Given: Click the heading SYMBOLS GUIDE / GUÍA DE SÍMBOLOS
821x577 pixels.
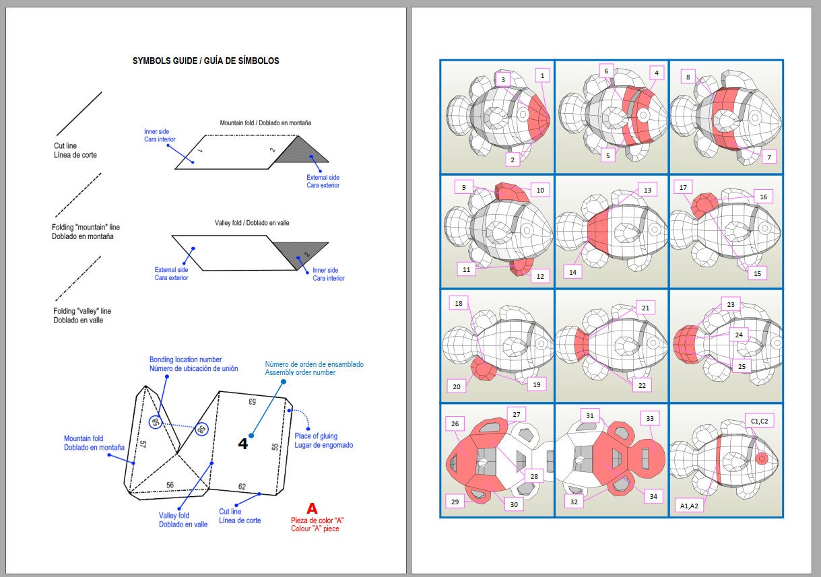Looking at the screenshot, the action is coord(205,61).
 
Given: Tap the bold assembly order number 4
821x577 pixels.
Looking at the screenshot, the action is coord(242,444).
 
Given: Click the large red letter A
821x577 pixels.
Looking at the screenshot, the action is coord(312,508).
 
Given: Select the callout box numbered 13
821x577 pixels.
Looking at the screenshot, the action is coord(647,190).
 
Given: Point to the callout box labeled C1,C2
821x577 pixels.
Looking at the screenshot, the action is coord(759,421).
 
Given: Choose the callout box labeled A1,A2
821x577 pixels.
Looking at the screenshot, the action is coord(689,506).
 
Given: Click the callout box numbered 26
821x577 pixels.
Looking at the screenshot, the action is coord(455,424).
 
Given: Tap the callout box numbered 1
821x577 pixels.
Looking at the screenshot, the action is coord(542,76).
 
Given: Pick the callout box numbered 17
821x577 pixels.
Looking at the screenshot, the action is coord(683,188).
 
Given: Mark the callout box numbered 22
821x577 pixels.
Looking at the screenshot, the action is coord(642,385).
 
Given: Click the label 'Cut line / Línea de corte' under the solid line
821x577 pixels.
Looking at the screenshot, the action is coord(75,150).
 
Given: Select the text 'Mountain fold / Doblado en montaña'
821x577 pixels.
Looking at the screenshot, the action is coord(265,123).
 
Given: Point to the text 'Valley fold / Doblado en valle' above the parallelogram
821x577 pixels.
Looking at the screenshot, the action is coord(252,223).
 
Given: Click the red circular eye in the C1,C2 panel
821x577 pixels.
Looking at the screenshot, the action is coord(762,459).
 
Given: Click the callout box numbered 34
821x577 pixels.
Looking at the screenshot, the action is coord(653,496).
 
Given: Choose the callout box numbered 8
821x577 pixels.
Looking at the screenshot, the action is coord(688,77).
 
